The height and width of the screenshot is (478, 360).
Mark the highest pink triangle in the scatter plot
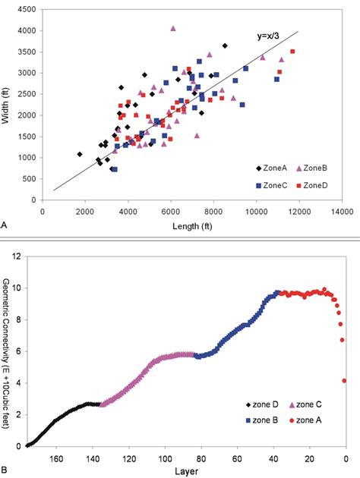(173, 28)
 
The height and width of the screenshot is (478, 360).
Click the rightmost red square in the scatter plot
(292, 52)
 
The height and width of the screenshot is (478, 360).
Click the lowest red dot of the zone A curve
(345, 381)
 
